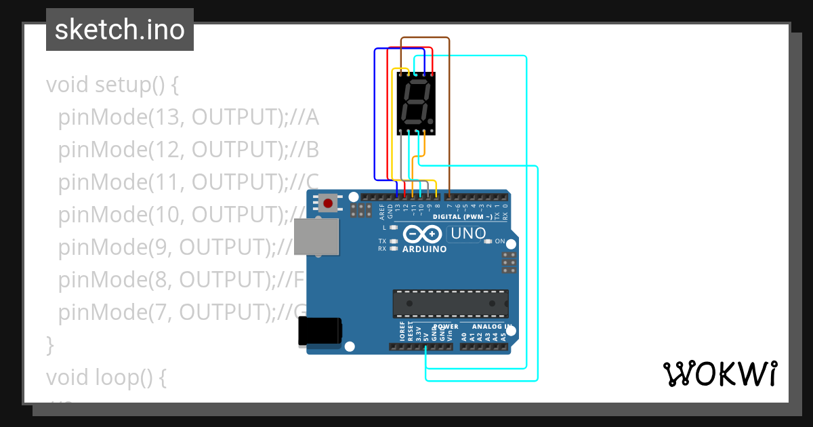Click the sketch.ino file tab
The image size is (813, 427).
click(x=120, y=30)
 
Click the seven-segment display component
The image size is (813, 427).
click(x=415, y=103)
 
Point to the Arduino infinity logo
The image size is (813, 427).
click(x=424, y=235)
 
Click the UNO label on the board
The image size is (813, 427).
click(x=467, y=234)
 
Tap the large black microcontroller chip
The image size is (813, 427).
click(x=451, y=303)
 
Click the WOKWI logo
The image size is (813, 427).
click(x=720, y=373)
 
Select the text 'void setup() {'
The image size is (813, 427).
click(x=112, y=85)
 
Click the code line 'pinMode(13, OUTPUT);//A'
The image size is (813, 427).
click(x=188, y=118)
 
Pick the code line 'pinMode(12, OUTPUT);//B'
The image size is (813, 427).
click(x=188, y=150)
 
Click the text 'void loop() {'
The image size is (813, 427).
click(x=106, y=377)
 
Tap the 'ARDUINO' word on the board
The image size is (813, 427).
click(x=425, y=249)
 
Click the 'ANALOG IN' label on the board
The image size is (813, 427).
click(x=483, y=326)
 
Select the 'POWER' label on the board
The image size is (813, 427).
click(x=445, y=326)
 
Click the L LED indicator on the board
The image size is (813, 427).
click(x=394, y=228)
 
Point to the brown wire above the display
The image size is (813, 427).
click(x=425, y=38)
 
